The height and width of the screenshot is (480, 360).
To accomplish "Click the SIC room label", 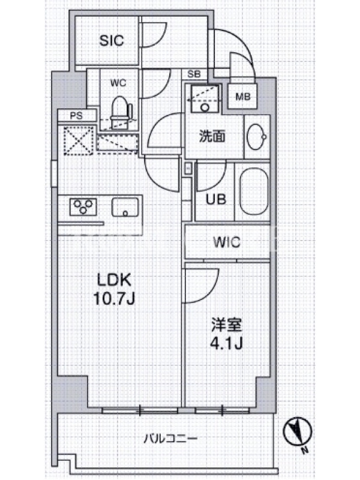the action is tap(112, 40).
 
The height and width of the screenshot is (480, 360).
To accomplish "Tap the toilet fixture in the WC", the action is tap(121, 112).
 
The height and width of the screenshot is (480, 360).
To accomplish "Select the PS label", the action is tap(76, 116).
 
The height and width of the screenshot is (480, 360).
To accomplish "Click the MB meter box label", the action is tap(243, 97).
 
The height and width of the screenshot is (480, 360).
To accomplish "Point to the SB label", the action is tap(194, 74).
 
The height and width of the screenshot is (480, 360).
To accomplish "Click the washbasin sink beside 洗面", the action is tap(257, 137).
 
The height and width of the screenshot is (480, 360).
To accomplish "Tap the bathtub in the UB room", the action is tap(254, 191).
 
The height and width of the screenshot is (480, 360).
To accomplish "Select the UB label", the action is tap(215, 200).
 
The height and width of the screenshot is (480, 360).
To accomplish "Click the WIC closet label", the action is tap(227, 242).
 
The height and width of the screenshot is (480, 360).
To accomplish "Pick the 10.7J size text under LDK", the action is tap(114, 298).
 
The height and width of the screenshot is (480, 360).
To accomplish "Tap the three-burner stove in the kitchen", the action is tap(83, 206).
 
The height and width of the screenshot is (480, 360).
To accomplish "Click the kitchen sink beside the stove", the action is tap(125, 207).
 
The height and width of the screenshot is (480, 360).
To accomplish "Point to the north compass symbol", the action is tap(297, 432).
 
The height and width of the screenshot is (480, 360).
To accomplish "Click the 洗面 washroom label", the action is tap(212, 136).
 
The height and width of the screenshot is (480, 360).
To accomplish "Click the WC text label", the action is tap(118, 83).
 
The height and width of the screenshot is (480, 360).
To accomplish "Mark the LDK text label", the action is tap(114, 279).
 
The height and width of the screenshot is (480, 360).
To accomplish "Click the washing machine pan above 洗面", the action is tap(205, 98).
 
